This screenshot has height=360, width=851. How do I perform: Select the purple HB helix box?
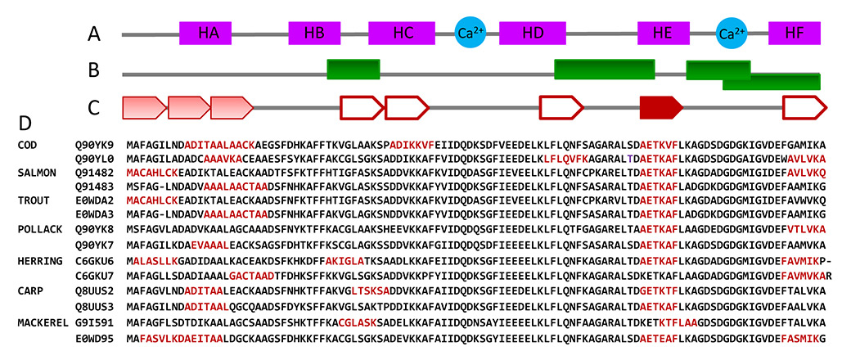pyautogui.click(x=313, y=34)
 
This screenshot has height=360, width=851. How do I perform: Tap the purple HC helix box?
pyautogui.click(x=403, y=34)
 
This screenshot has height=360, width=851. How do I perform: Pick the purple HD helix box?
pyautogui.click(x=533, y=34)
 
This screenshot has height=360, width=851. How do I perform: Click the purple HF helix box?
pyautogui.click(x=794, y=34)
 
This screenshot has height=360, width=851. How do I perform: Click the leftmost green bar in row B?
pyautogui.click(x=353, y=70)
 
